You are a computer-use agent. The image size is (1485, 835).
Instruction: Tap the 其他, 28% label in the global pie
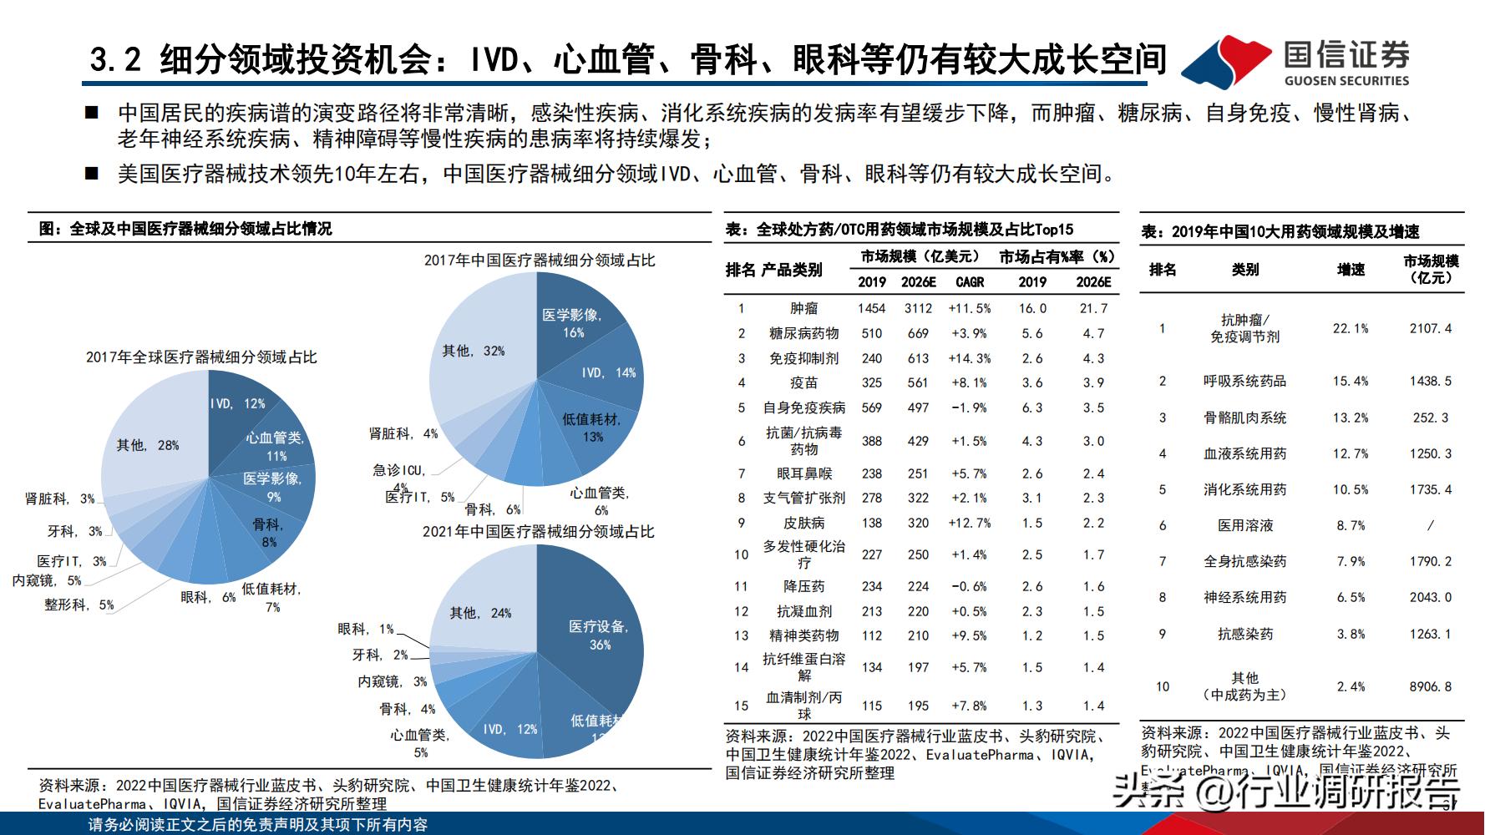click(148, 445)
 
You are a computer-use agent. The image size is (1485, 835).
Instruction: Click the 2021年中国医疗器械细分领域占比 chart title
click(538, 531)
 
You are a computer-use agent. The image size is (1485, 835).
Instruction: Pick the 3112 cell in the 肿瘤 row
click(918, 308)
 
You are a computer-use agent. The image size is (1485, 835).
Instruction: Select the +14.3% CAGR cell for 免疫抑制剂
click(969, 358)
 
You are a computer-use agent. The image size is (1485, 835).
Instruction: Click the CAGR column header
click(970, 282)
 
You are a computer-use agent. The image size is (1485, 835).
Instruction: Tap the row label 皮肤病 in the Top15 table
click(803, 523)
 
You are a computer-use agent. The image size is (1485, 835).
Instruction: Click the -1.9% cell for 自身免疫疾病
click(969, 407)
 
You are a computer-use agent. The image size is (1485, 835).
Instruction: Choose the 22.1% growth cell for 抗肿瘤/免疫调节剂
click(1351, 328)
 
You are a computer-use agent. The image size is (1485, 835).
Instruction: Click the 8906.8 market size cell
click(1431, 686)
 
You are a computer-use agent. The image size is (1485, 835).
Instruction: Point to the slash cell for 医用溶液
click(1431, 525)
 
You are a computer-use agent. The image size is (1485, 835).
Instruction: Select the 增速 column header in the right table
click(1351, 269)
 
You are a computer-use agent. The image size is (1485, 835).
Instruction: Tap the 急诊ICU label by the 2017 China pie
click(399, 471)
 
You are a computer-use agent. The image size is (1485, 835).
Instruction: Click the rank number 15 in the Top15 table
click(741, 706)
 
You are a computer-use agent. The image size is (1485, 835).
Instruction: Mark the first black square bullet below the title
click(93, 114)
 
